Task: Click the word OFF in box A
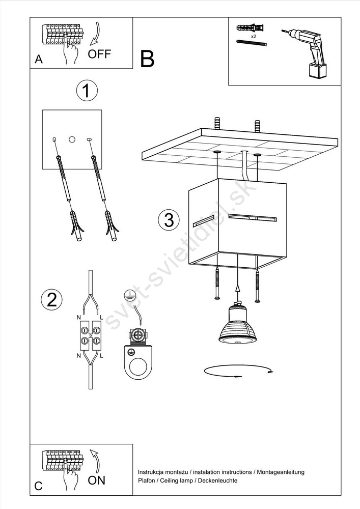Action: coord(99,54)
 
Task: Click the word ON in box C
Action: coord(96,480)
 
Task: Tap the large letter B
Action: coord(147,59)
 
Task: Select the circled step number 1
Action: coord(87,91)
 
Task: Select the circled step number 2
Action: coord(51,299)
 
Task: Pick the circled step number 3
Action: coord(169,220)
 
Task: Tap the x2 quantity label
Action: coord(253,37)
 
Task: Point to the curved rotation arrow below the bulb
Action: coord(238,376)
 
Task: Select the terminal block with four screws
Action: coord(90,335)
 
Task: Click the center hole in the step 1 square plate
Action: coord(72,139)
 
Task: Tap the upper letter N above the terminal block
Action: coord(78,317)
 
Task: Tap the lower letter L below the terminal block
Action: coord(102,356)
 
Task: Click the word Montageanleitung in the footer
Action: coord(281,472)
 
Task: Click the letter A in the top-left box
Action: coord(39,60)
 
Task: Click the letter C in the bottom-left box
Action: coord(38,486)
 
